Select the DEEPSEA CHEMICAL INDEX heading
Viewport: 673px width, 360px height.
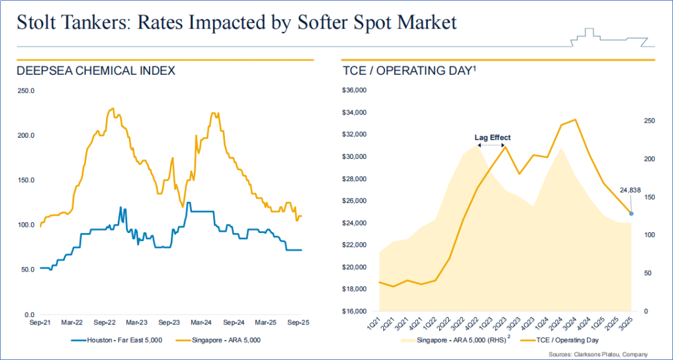point(96,71)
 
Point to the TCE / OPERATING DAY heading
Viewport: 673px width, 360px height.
point(409,71)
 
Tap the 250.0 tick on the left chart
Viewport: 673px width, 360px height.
point(26,91)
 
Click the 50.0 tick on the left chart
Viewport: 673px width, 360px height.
point(27,270)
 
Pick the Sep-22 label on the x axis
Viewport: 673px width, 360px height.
point(104,323)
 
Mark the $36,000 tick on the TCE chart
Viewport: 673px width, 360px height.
point(355,91)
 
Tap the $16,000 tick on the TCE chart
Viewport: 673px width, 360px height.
point(355,311)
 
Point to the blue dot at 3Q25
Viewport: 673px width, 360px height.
point(631,214)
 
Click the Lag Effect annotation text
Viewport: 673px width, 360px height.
point(492,138)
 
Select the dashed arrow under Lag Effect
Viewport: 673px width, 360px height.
point(492,145)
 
